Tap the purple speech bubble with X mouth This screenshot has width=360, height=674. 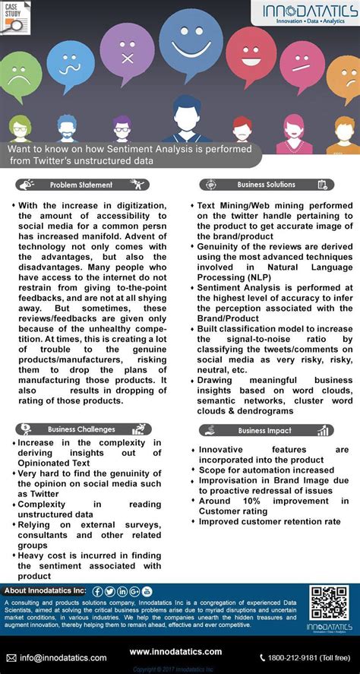125,56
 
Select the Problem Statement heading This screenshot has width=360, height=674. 81,185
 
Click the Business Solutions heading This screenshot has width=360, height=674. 267,185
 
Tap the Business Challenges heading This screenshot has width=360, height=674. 81,429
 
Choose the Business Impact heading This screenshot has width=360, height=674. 264,431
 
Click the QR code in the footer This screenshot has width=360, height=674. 329,603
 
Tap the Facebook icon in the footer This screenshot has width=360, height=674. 98,592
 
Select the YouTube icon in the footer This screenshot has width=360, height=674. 147,592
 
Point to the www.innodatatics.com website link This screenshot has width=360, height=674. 175,652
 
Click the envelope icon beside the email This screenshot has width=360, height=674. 11,657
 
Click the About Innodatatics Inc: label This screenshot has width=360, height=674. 45,591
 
